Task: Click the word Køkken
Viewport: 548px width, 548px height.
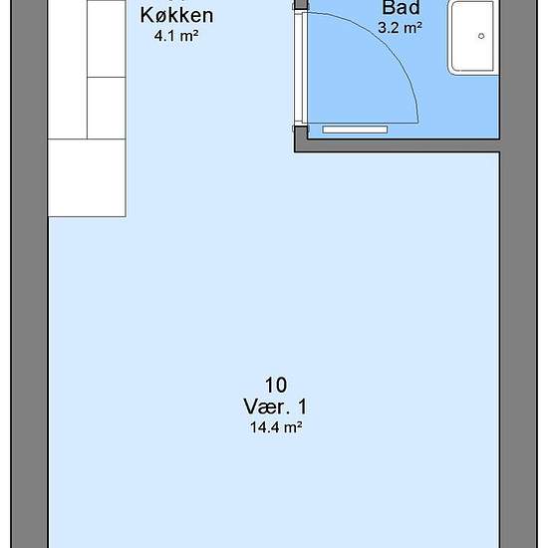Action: (x=176, y=15)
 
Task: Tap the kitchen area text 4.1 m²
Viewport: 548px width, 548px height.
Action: (x=176, y=36)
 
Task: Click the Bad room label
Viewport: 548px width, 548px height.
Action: (x=401, y=8)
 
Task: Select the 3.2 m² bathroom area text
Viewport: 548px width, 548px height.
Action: (x=401, y=28)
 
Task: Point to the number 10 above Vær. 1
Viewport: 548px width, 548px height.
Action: (x=276, y=385)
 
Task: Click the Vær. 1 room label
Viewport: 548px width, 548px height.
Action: (x=275, y=407)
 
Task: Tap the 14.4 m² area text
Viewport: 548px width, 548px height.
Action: (x=276, y=427)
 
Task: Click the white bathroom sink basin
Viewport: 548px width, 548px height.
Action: (x=473, y=37)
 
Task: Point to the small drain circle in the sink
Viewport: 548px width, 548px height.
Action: (x=481, y=36)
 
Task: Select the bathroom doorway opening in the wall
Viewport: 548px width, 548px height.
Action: (x=300, y=68)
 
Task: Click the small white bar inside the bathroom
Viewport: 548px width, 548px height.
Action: (x=355, y=130)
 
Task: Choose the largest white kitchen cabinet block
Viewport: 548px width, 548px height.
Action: (x=87, y=178)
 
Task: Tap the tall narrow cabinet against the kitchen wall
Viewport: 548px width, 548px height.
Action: (x=68, y=69)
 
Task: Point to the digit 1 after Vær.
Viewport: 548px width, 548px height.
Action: (x=302, y=407)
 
